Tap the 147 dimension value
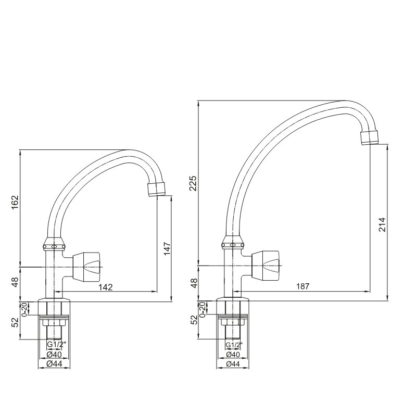167,248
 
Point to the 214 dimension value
382,224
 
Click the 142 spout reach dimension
106,287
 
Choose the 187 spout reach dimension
302,286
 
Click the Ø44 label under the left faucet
54,363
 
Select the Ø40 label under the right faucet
233,354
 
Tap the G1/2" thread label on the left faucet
56,344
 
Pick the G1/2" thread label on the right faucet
234,345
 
